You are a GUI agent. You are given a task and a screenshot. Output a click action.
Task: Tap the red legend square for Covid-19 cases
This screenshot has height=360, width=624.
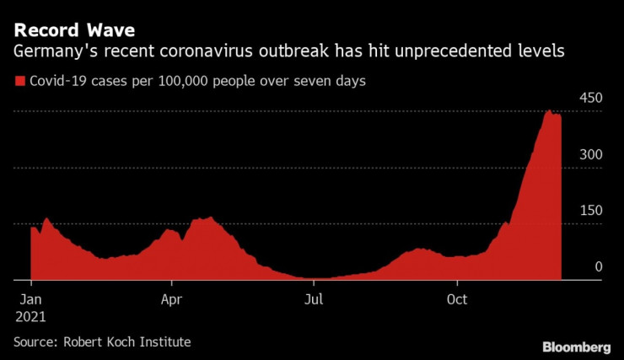point(19,82)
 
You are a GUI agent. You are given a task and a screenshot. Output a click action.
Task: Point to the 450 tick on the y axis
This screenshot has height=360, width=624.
point(590,99)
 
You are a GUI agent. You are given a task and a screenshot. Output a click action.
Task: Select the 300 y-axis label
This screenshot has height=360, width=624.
point(590,154)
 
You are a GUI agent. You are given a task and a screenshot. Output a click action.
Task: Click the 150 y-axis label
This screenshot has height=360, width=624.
point(590,210)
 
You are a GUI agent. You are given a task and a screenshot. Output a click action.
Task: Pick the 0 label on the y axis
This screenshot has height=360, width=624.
point(599,266)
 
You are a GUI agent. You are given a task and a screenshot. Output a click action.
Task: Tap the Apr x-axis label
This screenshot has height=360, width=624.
point(171,299)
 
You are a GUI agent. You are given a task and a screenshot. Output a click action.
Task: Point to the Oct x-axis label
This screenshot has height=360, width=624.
point(457,299)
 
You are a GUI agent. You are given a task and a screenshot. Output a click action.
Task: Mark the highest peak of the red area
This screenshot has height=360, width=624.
point(549,110)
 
